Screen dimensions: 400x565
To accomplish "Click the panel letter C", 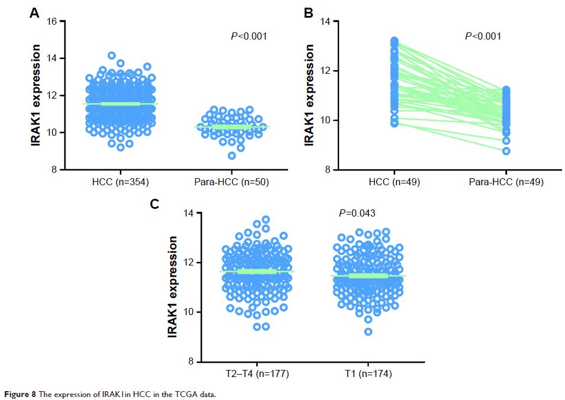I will [155, 205].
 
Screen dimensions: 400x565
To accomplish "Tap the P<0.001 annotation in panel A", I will [249, 37].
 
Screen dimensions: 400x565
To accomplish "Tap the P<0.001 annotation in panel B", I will [483, 37].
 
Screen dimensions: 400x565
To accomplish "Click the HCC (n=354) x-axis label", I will [120, 182].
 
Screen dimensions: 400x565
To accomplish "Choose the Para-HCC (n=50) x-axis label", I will [232, 182].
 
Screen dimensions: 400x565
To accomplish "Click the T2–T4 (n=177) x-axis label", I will [257, 373].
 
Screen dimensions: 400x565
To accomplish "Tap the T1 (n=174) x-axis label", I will [368, 373].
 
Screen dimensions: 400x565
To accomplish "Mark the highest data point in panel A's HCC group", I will [112, 55].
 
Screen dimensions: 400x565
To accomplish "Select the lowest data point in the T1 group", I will [368, 332].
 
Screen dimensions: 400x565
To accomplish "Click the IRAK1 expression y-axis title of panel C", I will [173, 287].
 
